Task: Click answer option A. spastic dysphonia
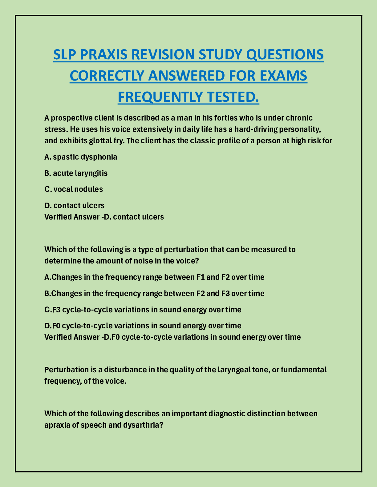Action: pos(81,157)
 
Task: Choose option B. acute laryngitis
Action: pos(76,173)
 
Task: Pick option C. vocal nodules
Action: pos(74,189)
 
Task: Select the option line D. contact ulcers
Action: pos(74,205)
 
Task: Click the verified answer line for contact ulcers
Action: pos(104,217)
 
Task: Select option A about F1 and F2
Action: pos(154,277)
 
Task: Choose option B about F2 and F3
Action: pos(154,293)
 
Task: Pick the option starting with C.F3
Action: pos(143,309)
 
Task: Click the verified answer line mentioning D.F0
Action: pos(172,337)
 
